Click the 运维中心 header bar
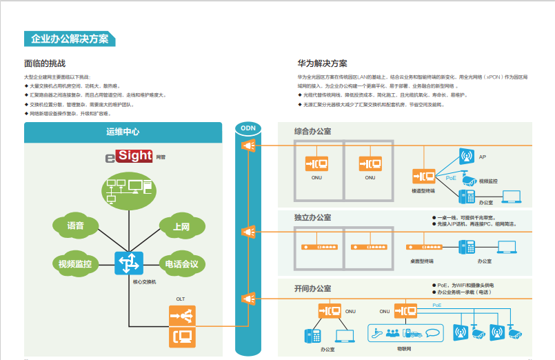(123, 132)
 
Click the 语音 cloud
(75, 226)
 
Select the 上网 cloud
(182, 226)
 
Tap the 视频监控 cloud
(75, 263)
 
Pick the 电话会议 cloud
(182, 263)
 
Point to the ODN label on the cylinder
(246, 128)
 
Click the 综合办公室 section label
(312, 131)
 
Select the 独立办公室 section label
(312, 218)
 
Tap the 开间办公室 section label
(312, 288)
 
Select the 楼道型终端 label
(423, 190)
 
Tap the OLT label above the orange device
(181, 299)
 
